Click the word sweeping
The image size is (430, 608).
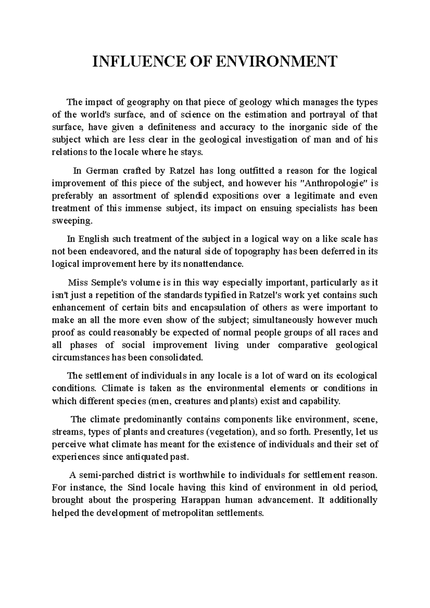point(72,221)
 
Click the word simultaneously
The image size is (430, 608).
point(281,320)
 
